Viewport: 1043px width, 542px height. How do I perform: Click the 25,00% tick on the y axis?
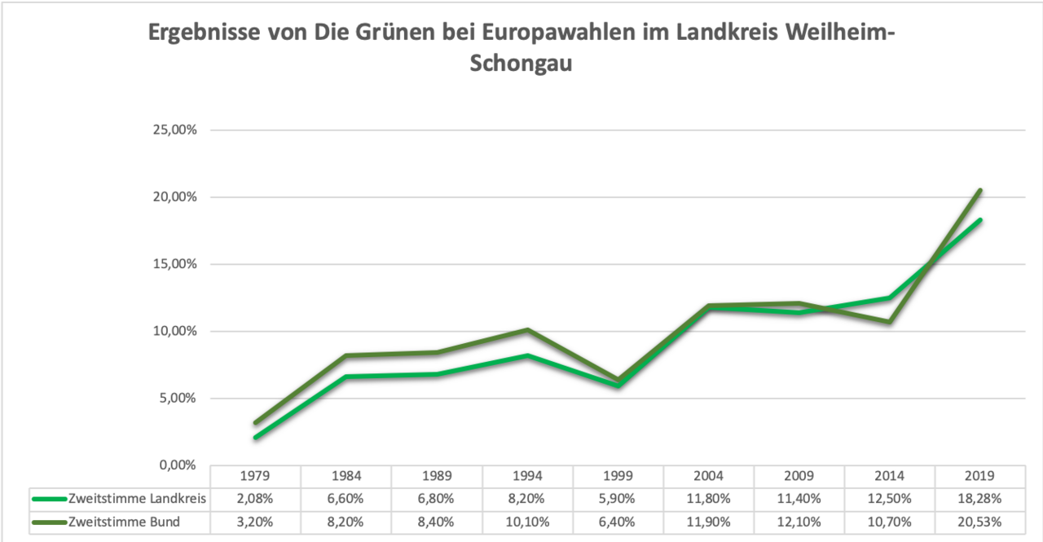pos(174,130)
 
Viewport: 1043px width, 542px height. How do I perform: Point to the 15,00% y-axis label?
pos(174,264)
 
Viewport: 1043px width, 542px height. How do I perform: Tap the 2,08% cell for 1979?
pos(256,499)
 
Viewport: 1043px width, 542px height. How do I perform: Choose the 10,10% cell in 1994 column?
pos(527,522)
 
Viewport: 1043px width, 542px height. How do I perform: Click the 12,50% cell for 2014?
pos(890,499)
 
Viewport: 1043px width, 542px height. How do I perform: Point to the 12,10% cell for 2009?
pos(799,522)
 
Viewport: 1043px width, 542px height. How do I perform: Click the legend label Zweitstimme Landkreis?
pos(137,499)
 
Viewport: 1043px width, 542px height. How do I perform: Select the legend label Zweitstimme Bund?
pos(125,522)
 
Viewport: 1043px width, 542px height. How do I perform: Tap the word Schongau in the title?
pos(521,64)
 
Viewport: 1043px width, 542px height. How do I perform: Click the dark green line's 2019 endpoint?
pos(980,191)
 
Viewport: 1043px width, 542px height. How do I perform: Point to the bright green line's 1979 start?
pos(256,438)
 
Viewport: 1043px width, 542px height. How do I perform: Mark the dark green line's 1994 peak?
pos(527,330)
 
